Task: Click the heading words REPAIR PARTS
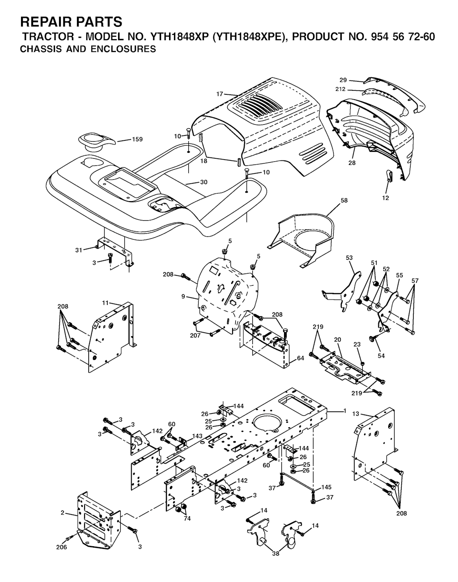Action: pyautogui.click(x=71, y=21)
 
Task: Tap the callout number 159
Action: pyautogui.click(x=137, y=139)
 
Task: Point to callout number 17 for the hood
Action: pyautogui.click(x=220, y=94)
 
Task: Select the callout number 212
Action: pyautogui.click(x=340, y=89)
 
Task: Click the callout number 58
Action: pyautogui.click(x=344, y=200)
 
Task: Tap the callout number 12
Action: pyautogui.click(x=386, y=198)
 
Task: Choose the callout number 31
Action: pyautogui.click(x=79, y=250)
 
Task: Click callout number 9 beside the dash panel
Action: pyautogui.click(x=183, y=297)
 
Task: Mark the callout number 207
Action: pyautogui.click(x=195, y=336)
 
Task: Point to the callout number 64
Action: pyautogui.click(x=301, y=358)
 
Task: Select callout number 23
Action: pyautogui.click(x=357, y=344)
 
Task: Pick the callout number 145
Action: pyautogui.click(x=327, y=487)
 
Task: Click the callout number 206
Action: pyautogui.click(x=61, y=547)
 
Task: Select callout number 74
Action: pyautogui.click(x=187, y=519)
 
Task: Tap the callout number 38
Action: pyautogui.click(x=276, y=553)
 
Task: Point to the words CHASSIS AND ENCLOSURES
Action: pyautogui.click(x=88, y=49)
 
